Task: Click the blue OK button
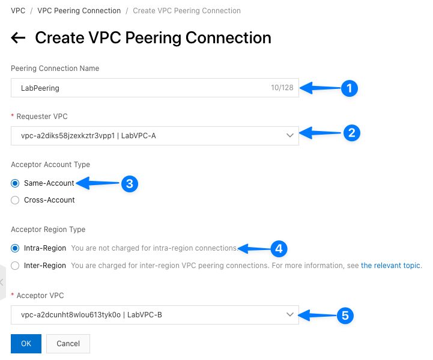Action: click(26, 343)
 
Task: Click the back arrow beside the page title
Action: click(18, 38)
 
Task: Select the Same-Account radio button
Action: click(15, 183)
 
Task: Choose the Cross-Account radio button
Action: click(15, 200)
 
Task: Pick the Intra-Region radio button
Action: click(15, 248)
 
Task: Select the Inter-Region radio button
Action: click(15, 265)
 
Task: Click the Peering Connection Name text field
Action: click(138, 88)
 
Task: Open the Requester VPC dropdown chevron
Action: click(290, 136)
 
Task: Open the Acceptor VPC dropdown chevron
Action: click(290, 314)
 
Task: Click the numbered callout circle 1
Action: click(349, 88)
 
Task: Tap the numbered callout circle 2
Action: click(351, 133)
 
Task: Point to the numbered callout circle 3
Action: click(130, 183)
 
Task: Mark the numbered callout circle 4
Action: click(278, 248)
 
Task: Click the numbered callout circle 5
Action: click(344, 315)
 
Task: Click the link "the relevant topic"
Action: click(391, 265)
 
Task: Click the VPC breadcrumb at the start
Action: click(18, 11)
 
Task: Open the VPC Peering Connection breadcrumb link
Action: click(79, 11)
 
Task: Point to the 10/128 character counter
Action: click(282, 88)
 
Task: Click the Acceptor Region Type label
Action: click(48, 230)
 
